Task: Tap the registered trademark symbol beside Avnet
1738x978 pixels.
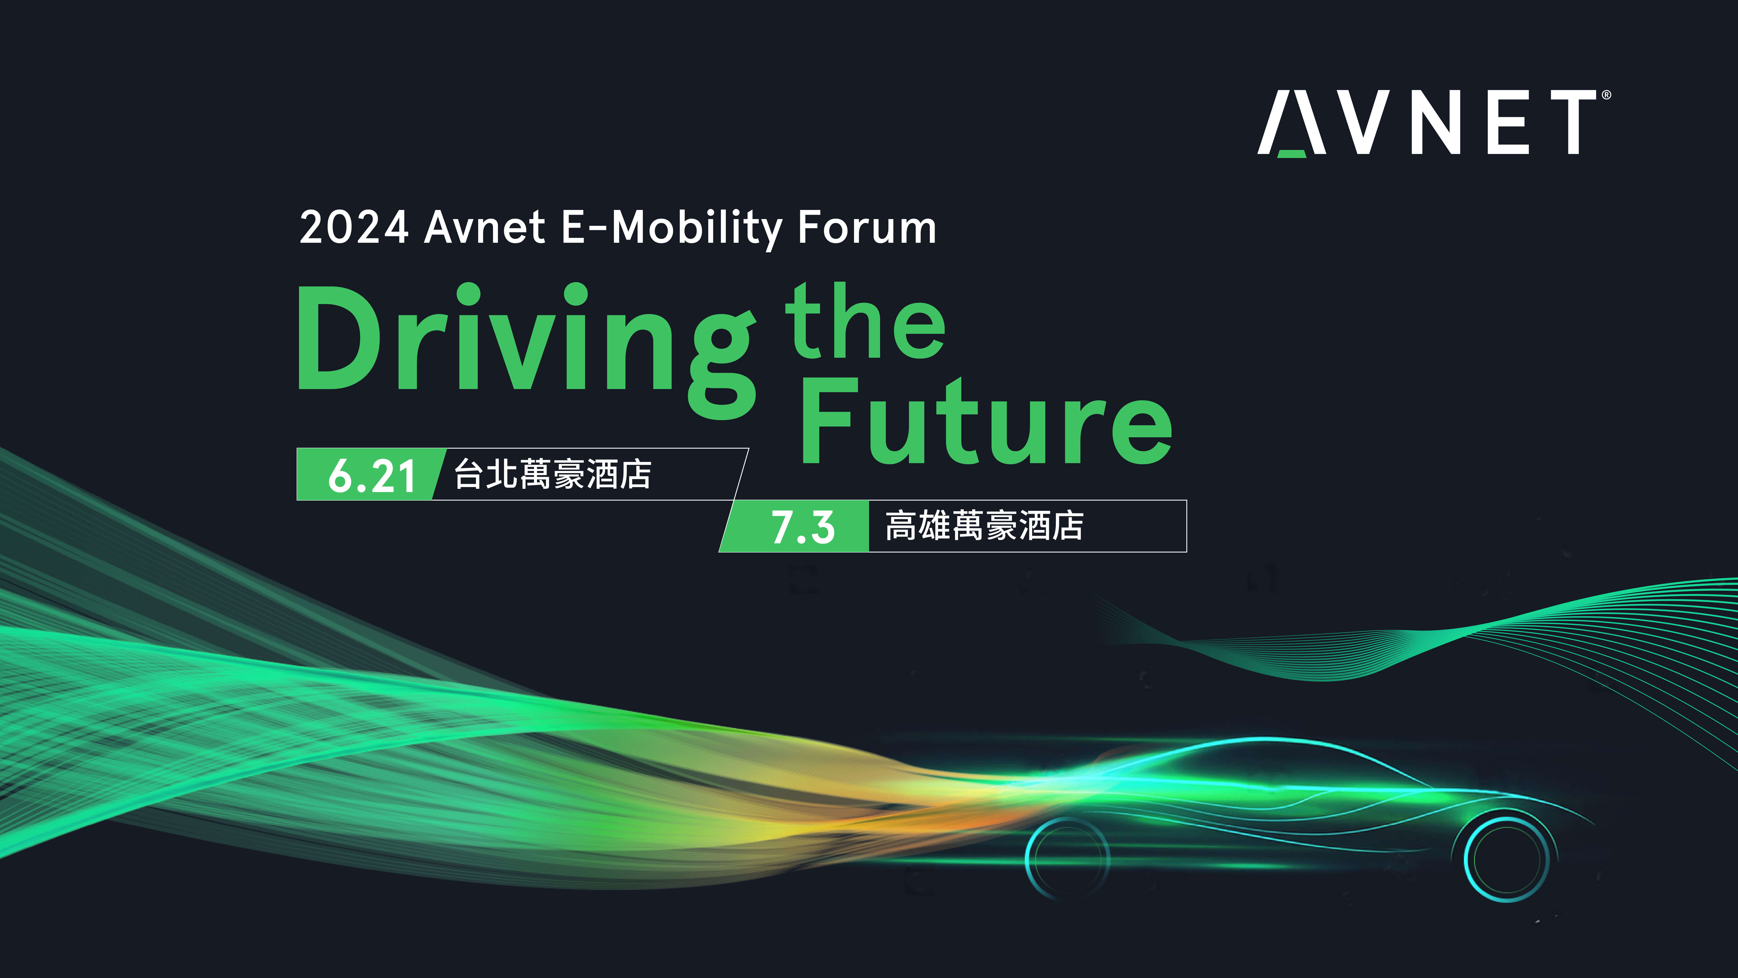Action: [1606, 95]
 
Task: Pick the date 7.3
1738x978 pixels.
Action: [803, 527]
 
